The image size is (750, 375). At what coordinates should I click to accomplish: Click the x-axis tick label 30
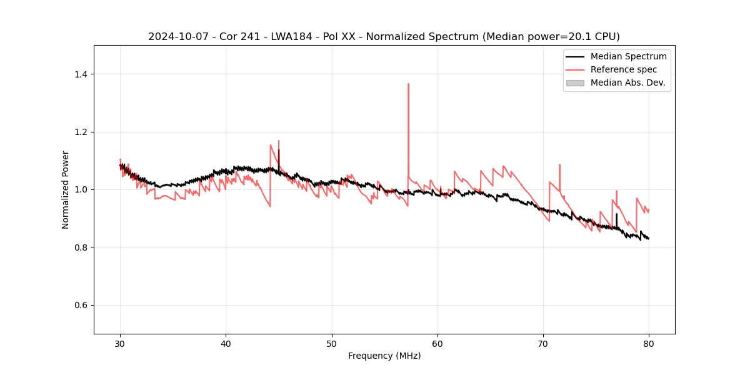tap(120, 343)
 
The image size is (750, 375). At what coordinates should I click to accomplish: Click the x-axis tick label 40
tap(226, 343)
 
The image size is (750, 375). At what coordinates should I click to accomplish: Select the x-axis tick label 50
tap(332, 343)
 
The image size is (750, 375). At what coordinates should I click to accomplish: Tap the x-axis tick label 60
tap(437, 343)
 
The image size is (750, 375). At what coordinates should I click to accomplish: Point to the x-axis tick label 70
tap(543, 343)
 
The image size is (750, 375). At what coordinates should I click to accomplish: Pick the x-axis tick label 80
tap(649, 343)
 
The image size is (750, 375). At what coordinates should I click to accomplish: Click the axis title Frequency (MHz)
tap(384, 356)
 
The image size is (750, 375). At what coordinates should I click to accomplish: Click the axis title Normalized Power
tap(66, 189)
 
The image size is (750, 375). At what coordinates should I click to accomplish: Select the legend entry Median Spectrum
tap(628, 56)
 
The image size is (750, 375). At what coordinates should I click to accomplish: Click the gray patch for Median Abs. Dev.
tap(575, 82)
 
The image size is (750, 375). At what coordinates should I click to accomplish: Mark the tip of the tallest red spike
tap(408, 84)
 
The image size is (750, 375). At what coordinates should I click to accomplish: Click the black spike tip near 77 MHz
tap(616, 214)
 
